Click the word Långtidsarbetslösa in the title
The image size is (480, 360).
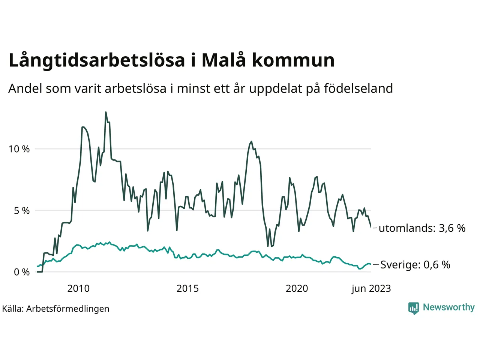coord(97,61)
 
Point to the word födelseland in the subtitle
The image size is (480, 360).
coord(358,88)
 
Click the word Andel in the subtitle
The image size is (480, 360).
coord(25,88)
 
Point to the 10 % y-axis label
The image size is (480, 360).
coord(19,149)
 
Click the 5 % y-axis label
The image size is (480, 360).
coord(22,211)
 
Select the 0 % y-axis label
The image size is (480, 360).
coord(22,272)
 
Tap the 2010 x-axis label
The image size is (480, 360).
coord(78,288)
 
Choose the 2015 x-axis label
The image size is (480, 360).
coord(187,288)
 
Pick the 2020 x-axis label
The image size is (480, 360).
coord(297,288)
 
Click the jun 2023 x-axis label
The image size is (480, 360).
coord(371,288)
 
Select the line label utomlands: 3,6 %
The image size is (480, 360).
coord(422,228)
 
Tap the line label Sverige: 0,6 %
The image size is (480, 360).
coord(415,265)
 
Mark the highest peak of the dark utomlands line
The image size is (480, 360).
coord(106,112)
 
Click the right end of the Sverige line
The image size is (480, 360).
coord(370,264)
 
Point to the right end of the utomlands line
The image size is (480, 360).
coord(371,227)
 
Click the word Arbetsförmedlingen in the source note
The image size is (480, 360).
coord(68,309)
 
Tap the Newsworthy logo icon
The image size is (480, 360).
coord(413,308)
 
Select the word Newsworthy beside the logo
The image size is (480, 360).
coord(448,307)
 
